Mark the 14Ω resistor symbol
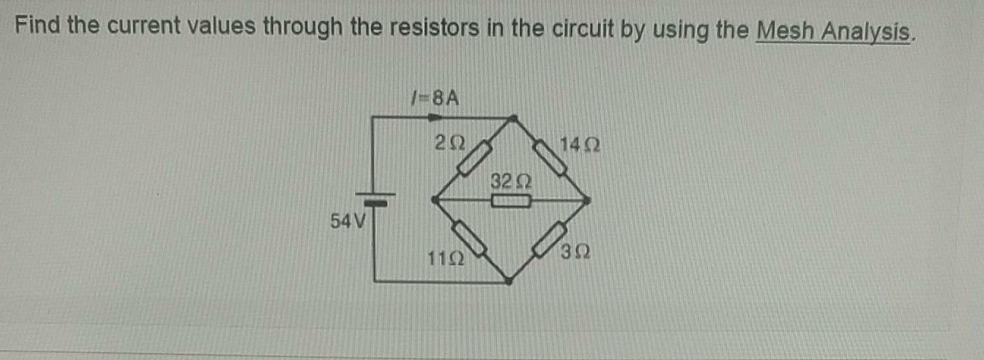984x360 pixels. (x=551, y=158)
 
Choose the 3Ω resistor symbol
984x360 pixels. (x=551, y=239)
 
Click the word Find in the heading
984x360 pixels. (x=40, y=26)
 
